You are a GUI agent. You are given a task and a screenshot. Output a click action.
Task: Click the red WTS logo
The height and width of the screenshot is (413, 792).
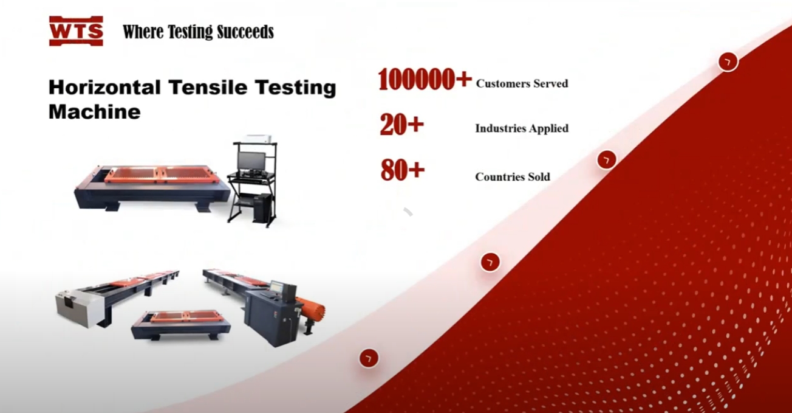(x=76, y=31)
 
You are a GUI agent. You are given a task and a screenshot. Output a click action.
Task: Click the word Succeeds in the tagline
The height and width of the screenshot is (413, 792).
(x=245, y=32)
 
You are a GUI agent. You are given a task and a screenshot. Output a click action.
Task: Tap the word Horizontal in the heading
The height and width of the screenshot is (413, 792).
(x=104, y=87)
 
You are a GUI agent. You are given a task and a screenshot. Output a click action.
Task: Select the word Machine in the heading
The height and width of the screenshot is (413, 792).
(x=94, y=112)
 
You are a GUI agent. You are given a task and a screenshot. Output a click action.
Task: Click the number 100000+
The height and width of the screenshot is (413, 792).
(x=425, y=79)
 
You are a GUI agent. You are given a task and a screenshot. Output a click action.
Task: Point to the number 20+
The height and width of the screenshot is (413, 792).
(x=401, y=125)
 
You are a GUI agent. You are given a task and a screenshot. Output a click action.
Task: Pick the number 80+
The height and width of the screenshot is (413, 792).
(x=402, y=170)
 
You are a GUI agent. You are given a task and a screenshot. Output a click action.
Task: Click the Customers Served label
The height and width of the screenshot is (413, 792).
(x=522, y=83)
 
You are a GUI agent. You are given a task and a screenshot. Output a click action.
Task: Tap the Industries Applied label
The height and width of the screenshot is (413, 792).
(x=522, y=128)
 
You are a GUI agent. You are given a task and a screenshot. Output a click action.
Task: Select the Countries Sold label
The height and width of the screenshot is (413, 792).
(x=513, y=176)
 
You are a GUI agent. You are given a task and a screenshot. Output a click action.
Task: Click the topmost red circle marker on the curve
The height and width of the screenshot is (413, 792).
(x=728, y=62)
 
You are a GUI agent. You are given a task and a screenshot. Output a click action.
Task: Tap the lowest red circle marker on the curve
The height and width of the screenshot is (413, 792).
(x=369, y=358)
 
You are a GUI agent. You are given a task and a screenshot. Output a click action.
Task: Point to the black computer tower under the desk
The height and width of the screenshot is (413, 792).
(x=262, y=208)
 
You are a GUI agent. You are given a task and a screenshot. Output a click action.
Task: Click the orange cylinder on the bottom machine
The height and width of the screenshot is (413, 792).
(x=311, y=309)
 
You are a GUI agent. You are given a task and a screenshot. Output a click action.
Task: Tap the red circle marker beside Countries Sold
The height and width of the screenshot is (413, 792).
(x=606, y=160)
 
